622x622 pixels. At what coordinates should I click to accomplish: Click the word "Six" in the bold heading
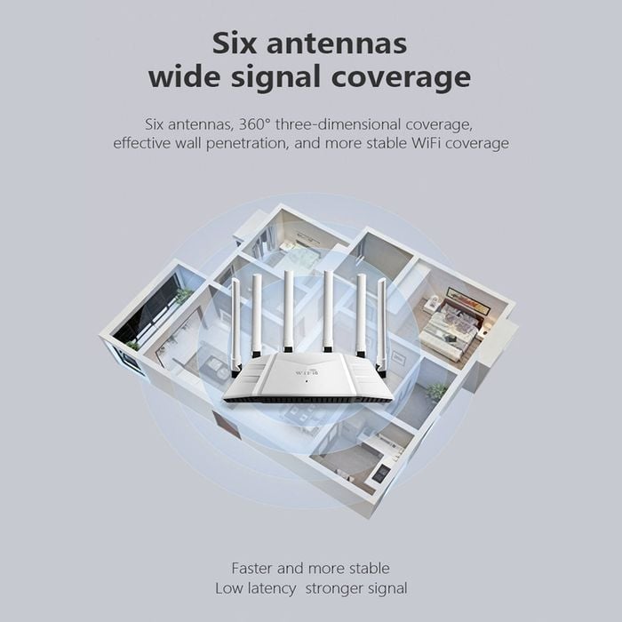(x=234, y=44)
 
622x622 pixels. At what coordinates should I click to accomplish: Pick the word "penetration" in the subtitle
(x=246, y=143)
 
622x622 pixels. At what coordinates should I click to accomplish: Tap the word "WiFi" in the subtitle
(x=425, y=143)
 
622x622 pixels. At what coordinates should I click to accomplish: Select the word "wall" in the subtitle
(x=188, y=143)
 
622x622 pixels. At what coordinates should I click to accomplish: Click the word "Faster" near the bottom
(x=251, y=568)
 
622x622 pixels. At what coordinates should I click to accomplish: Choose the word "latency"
(x=271, y=588)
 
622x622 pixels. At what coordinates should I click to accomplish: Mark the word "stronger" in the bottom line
(x=334, y=588)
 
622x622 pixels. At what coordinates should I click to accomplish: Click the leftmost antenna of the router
(x=235, y=327)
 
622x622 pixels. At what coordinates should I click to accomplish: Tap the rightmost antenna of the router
(x=381, y=327)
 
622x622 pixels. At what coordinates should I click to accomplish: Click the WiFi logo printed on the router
(x=307, y=372)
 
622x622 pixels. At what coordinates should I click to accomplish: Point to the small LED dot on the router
(x=307, y=381)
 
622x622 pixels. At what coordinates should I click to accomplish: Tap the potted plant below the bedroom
(x=437, y=392)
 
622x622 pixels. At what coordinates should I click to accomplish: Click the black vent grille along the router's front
(x=308, y=400)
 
